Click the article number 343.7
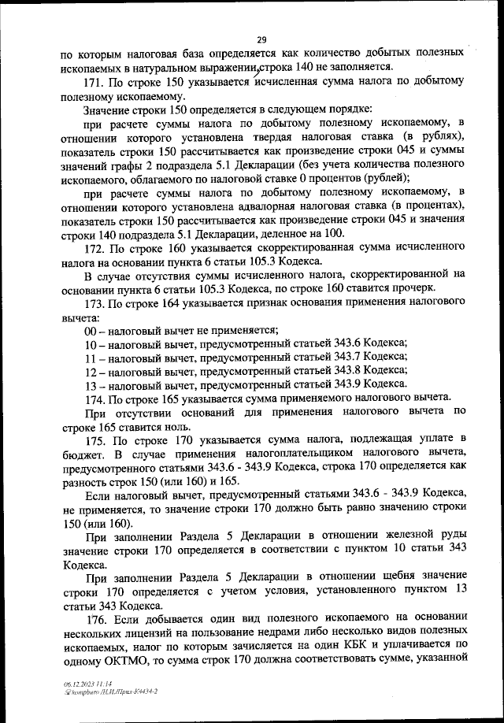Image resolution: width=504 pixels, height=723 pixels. tap(351, 357)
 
